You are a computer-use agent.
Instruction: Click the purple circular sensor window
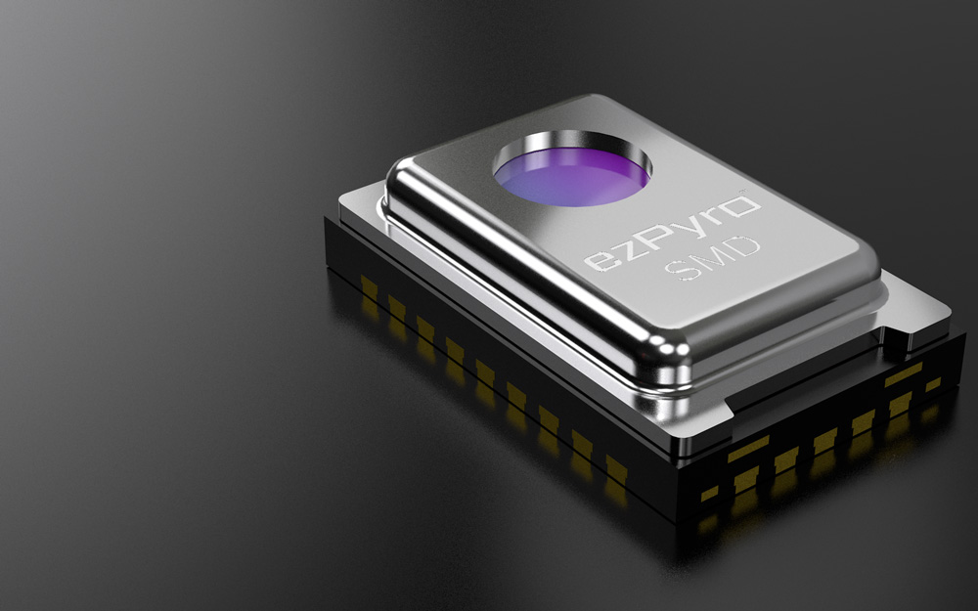[571, 176]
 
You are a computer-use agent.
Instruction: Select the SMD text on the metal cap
[712, 257]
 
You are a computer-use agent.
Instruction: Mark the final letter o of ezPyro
[743, 206]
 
